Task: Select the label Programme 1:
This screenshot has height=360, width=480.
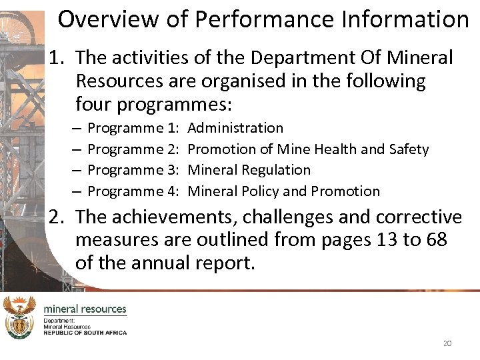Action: pos(133,127)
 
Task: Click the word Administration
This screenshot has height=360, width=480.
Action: pos(235,127)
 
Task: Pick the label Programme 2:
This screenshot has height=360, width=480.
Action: pos(133,149)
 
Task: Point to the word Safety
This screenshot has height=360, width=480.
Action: pos(408,149)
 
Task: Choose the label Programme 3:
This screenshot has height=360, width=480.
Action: pos(133,170)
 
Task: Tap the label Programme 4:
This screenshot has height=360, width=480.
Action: pos(133,191)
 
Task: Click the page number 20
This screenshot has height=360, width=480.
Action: pos(447,343)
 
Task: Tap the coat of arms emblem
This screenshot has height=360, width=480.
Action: pos(19,317)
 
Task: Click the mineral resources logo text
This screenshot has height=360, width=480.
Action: pos(85,309)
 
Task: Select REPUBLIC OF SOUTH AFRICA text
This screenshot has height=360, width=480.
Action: pos(85,332)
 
